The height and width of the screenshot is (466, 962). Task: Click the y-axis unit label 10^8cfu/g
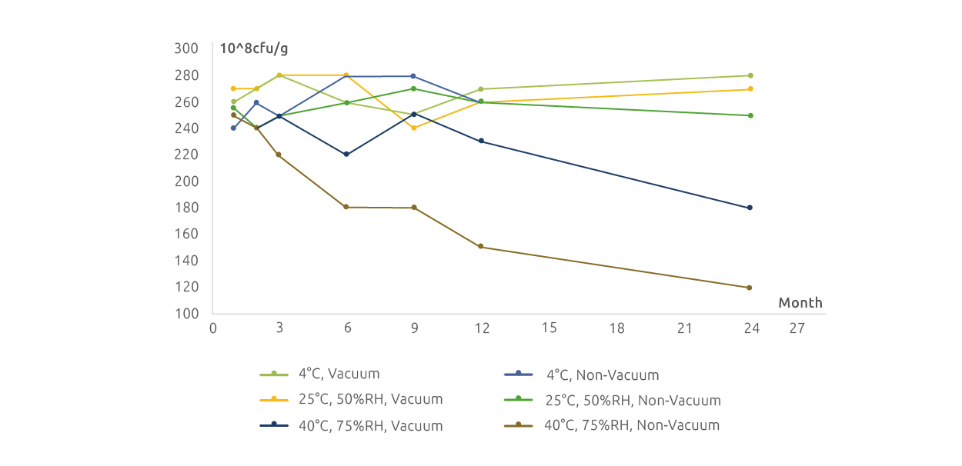255,49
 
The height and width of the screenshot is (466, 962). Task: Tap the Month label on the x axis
800,303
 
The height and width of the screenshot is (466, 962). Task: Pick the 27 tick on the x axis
797,328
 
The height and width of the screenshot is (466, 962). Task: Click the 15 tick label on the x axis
549,328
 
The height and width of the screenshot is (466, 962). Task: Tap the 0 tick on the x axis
213,328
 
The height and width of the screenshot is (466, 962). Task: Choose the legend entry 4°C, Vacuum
339,374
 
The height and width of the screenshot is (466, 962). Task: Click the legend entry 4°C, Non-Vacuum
603,375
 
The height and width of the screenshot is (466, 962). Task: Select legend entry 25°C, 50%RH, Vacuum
370,400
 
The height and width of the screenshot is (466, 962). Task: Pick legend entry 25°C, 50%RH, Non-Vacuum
633,401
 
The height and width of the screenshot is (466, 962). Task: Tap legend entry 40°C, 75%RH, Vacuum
370,425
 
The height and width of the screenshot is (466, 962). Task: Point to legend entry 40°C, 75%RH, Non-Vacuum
632,425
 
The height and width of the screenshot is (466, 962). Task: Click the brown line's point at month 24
750,288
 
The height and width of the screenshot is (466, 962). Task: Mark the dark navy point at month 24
750,208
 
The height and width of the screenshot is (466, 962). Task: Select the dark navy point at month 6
346,155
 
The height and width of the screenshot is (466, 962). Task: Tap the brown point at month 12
481,247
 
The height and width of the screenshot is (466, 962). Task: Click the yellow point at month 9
414,128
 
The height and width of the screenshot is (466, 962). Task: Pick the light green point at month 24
750,75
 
